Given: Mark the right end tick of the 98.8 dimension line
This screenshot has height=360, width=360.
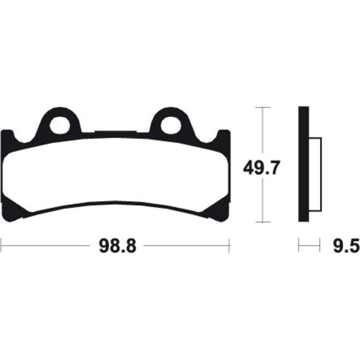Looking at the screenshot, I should pos(229,246).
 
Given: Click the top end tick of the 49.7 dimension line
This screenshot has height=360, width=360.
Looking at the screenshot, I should pos(262,108).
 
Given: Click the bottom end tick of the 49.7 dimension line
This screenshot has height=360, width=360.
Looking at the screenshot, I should pos(262,222).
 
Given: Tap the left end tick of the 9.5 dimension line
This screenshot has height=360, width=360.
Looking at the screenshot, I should pos(299,246).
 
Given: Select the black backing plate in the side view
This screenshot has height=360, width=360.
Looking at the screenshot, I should pos(304,164).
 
